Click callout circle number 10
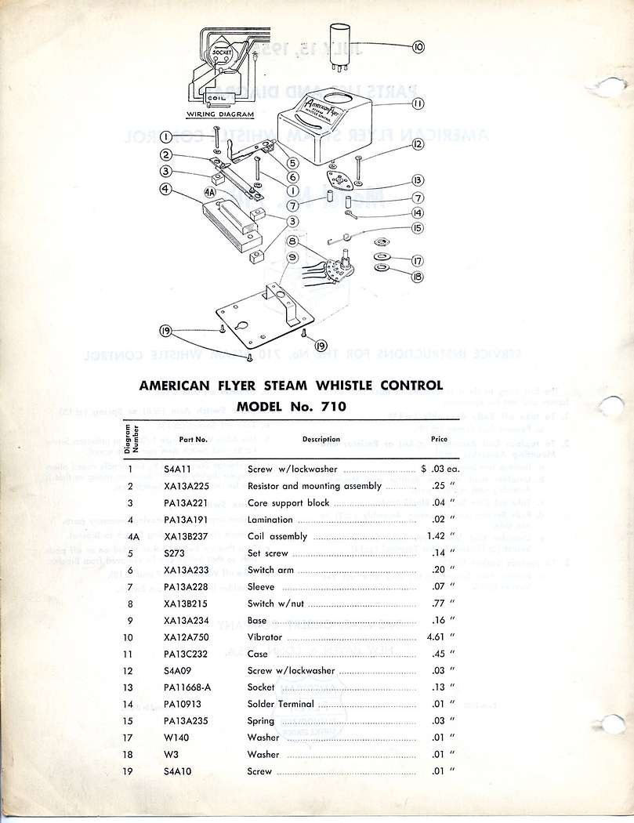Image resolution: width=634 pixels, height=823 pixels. pos(418,47)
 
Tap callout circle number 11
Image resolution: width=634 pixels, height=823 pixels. pos(418,103)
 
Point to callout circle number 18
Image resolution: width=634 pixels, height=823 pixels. pos(418,277)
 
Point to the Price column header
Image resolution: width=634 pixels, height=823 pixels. pos(439,440)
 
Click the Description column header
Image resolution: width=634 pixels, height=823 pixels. pos(321,440)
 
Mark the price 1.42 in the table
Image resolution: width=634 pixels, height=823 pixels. pos(437,537)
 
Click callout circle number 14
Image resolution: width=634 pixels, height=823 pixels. pos(418,212)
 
